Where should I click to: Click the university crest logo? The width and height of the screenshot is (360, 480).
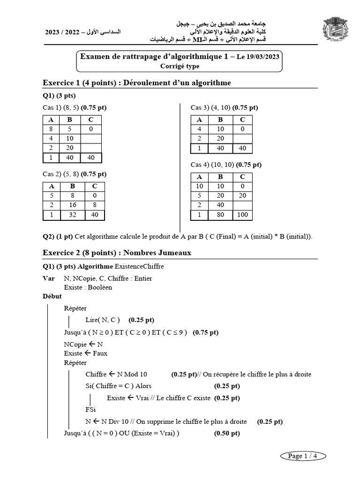coord(336,30)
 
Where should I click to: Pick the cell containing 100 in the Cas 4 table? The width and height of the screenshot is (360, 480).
coord(242,215)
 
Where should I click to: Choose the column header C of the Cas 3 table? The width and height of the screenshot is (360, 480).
coord(242,120)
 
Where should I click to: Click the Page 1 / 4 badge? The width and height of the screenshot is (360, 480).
coord(302,456)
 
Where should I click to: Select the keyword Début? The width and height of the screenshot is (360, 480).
coord(52,296)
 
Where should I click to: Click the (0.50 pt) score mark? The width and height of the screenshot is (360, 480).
coord(227,433)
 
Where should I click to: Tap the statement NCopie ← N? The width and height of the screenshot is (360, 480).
coord(83,344)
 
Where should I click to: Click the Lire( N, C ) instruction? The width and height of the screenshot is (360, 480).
coord(103,320)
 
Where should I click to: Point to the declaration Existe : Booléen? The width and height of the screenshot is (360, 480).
coord(88,287)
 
